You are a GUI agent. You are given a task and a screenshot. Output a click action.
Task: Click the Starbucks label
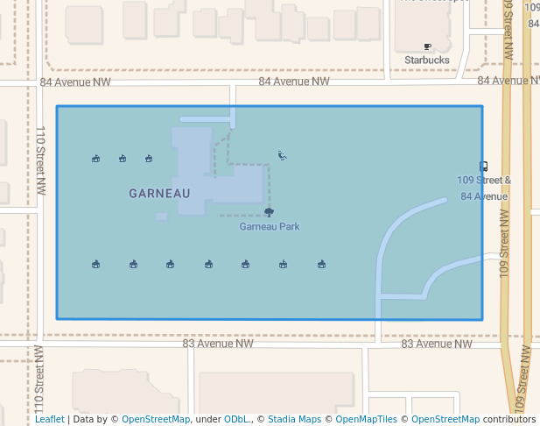click(x=426, y=60)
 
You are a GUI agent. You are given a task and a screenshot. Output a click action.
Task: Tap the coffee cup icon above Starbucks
click(x=427, y=46)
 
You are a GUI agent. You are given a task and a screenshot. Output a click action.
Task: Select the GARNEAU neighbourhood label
click(x=159, y=193)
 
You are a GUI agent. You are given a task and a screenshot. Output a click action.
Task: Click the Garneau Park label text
click(x=270, y=226)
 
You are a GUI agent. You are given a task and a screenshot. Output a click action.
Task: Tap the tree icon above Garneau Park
click(x=269, y=212)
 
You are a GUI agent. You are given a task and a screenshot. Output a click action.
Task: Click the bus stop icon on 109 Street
click(x=484, y=166)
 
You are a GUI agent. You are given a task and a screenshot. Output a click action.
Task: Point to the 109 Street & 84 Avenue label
click(x=484, y=188)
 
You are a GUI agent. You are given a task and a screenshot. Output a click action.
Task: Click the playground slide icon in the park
click(x=282, y=155)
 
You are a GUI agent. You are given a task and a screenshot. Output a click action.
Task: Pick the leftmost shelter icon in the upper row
click(x=95, y=159)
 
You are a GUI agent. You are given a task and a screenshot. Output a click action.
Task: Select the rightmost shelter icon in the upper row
click(x=149, y=159)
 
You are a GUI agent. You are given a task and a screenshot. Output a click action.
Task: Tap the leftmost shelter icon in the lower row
click(x=95, y=264)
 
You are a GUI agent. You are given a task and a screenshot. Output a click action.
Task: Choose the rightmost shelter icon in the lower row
click(x=321, y=264)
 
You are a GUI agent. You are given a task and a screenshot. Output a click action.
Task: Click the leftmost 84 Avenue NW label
click(x=75, y=82)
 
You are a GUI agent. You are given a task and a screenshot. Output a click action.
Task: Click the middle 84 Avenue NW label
click(x=293, y=82)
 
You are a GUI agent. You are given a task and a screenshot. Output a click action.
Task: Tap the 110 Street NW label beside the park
click(x=40, y=160)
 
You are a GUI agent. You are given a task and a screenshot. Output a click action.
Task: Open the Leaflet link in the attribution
click(x=49, y=419)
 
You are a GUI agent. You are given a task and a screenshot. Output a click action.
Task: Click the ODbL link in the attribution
click(x=236, y=419)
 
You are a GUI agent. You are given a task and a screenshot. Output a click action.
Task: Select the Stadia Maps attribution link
click(x=294, y=419)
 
